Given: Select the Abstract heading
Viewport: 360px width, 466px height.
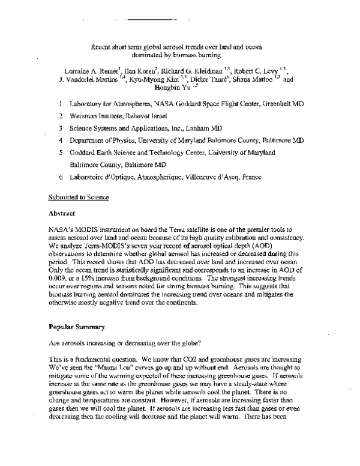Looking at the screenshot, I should (62, 213).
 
